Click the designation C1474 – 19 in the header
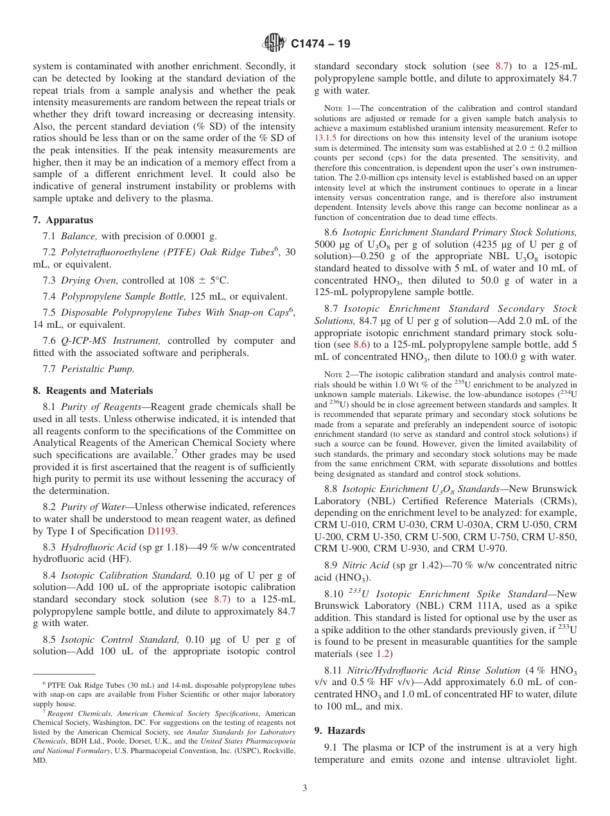(x=320, y=44)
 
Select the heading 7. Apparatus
(x=62, y=219)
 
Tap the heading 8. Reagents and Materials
(x=92, y=390)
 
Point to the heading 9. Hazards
(x=339, y=730)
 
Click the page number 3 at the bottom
(x=305, y=788)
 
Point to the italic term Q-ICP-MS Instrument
(x=110, y=341)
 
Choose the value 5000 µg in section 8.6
(x=335, y=244)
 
